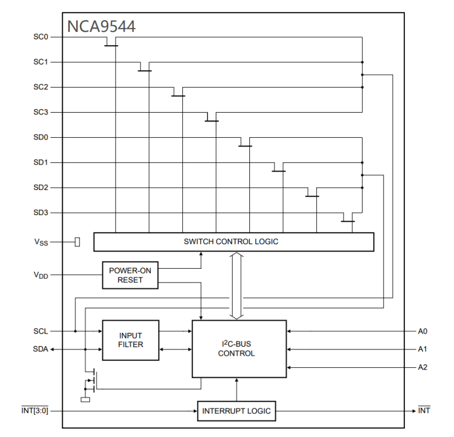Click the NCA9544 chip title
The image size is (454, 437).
click(x=101, y=26)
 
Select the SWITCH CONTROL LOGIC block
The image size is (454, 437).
click(x=233, y=242)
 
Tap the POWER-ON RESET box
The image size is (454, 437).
click(x=130, y=275)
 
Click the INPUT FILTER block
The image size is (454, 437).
click(x=130, y=340)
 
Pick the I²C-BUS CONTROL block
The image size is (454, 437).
click(x=238, y=349)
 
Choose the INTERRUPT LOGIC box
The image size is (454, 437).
click(x=236, y=411)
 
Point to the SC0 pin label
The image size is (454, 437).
click(x=41, y=37)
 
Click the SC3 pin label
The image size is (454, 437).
click(x=41, y=113)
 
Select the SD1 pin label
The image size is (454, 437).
click(x=41, y=163)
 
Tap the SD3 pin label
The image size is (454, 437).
click(x=41, y=213)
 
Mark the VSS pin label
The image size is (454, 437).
click(x=41, y=243)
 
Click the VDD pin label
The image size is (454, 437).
click(x=41, y=275)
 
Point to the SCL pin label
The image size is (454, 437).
click(x=41, y=331)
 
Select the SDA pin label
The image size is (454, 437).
click(x=41, y=349)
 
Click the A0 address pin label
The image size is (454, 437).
click(x=423, y=331)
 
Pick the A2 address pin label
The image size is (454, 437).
click(x=423, y=367)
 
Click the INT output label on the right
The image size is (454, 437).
click(x=424, y=411)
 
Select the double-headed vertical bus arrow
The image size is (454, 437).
click(x=237, y=286)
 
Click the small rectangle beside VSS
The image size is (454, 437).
click(x=77, y=242)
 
